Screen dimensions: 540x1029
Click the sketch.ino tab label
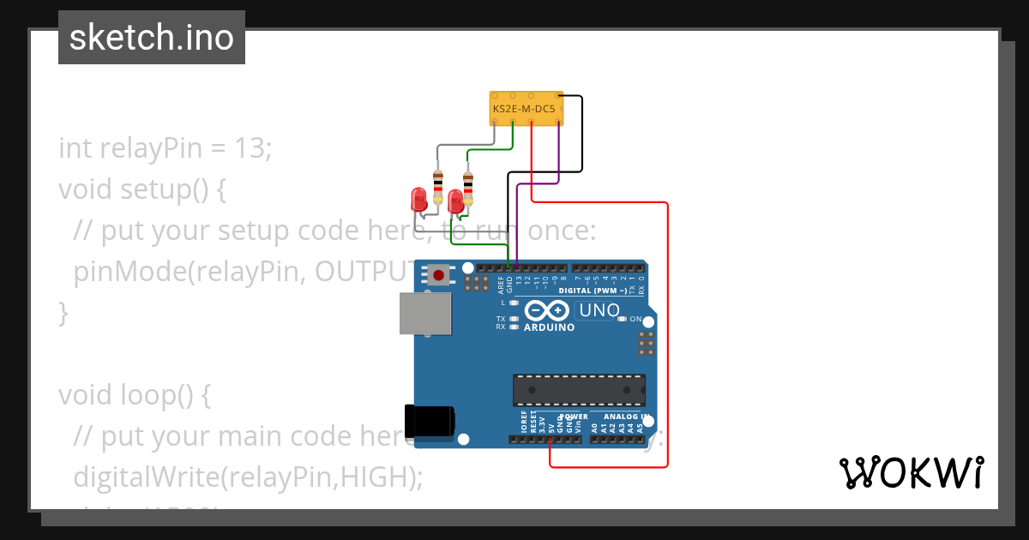pyautogui.click(x=152, y=38)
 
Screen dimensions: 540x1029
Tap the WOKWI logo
pyautogui.click(x=910, y=472)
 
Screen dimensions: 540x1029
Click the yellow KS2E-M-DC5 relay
pyautogui.click(x=525, y=109)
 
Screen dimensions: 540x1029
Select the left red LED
pyautogui.click(x=419, y=200)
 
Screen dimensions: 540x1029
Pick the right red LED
pyautogui.click(x=455, y=202)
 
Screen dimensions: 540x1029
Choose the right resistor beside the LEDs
pyautogui.click(x=467, y=186)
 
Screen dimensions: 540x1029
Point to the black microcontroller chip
pyautogui.click(x=579, y=390)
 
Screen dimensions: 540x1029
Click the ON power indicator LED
pyautogui.click(x=623, y=319)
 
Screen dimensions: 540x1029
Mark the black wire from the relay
pyautogui.click(x=582, y=137)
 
